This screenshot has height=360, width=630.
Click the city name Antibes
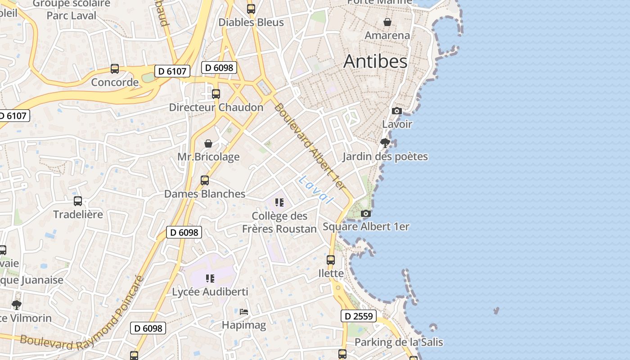coord(375,62)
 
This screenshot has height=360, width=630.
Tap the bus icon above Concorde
coord(115,69)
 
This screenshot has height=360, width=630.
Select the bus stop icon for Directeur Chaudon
coord(216,94)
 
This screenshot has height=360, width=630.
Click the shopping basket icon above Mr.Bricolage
coord(208,144)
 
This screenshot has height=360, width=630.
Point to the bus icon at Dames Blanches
coord(205,180)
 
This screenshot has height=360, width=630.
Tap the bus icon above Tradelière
coord(78,201)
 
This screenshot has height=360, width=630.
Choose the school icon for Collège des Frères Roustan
coord(279,202)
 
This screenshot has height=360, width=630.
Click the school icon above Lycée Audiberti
coord(210,279)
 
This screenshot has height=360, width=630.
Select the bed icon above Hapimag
coord(244,311)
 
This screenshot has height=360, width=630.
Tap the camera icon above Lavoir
coord(396,111)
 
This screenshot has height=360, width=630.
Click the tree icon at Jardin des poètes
coord(385,143)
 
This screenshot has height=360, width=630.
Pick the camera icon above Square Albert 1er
coord(366,213)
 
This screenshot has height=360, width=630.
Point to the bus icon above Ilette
coord(331,260)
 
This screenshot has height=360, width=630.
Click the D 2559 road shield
coord(358,316)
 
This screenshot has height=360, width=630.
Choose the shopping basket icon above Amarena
coord(387,22)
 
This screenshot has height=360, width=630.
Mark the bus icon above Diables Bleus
coord(251,9)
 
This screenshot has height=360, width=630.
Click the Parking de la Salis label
coord(399,342)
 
